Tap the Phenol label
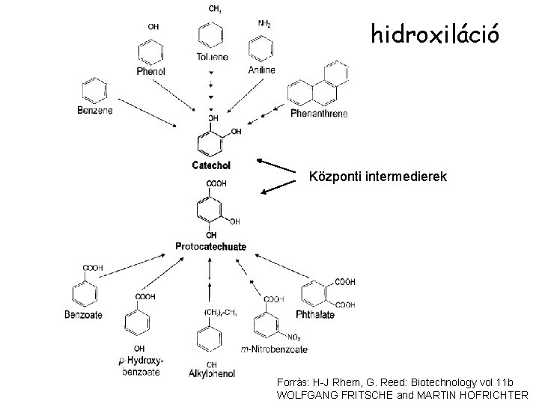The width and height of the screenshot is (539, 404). click(150, 72)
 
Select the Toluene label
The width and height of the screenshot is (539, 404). click(213, 57)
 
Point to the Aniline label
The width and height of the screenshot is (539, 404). click(261, 70)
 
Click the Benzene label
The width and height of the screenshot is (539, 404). click(95, 111)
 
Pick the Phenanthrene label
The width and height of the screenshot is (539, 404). click(319, 114)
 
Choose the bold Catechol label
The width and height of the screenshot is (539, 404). click(211, 165)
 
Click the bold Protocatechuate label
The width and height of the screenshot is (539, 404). click(210, 247)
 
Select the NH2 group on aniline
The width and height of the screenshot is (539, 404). click(264, 24)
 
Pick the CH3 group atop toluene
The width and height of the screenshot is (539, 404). click(214, 10)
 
